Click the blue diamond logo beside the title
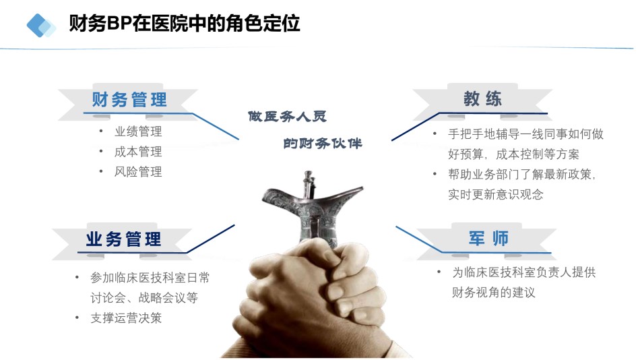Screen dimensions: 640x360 [x=41, y=26]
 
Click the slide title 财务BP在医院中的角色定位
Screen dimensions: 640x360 [x=185, y=24]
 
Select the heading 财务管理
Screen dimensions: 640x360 [x=129, y=100]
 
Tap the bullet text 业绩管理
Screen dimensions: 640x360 [x=138, y=131]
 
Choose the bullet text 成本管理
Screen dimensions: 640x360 [x=138, y=152]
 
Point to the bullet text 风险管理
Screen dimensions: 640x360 [x=138, y=172]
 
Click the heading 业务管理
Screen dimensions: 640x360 [x=123, y=239]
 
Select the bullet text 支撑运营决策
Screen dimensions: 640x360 [x=126, y=318]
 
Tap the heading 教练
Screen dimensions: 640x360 [x=482, y=98]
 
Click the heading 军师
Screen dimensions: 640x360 [x=488, y=238]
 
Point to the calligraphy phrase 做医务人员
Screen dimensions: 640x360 [x=288, y=117]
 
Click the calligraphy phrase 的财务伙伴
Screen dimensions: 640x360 [x=323, y=144]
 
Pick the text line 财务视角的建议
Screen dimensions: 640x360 [x=493, y=292]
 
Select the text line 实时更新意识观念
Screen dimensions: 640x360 [x=496, y=194]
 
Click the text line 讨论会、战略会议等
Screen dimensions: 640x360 [x=144, y=297]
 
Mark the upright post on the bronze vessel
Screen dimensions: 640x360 [x=309, y=184]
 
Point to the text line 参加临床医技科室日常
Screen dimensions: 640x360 [x=150, y=278]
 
